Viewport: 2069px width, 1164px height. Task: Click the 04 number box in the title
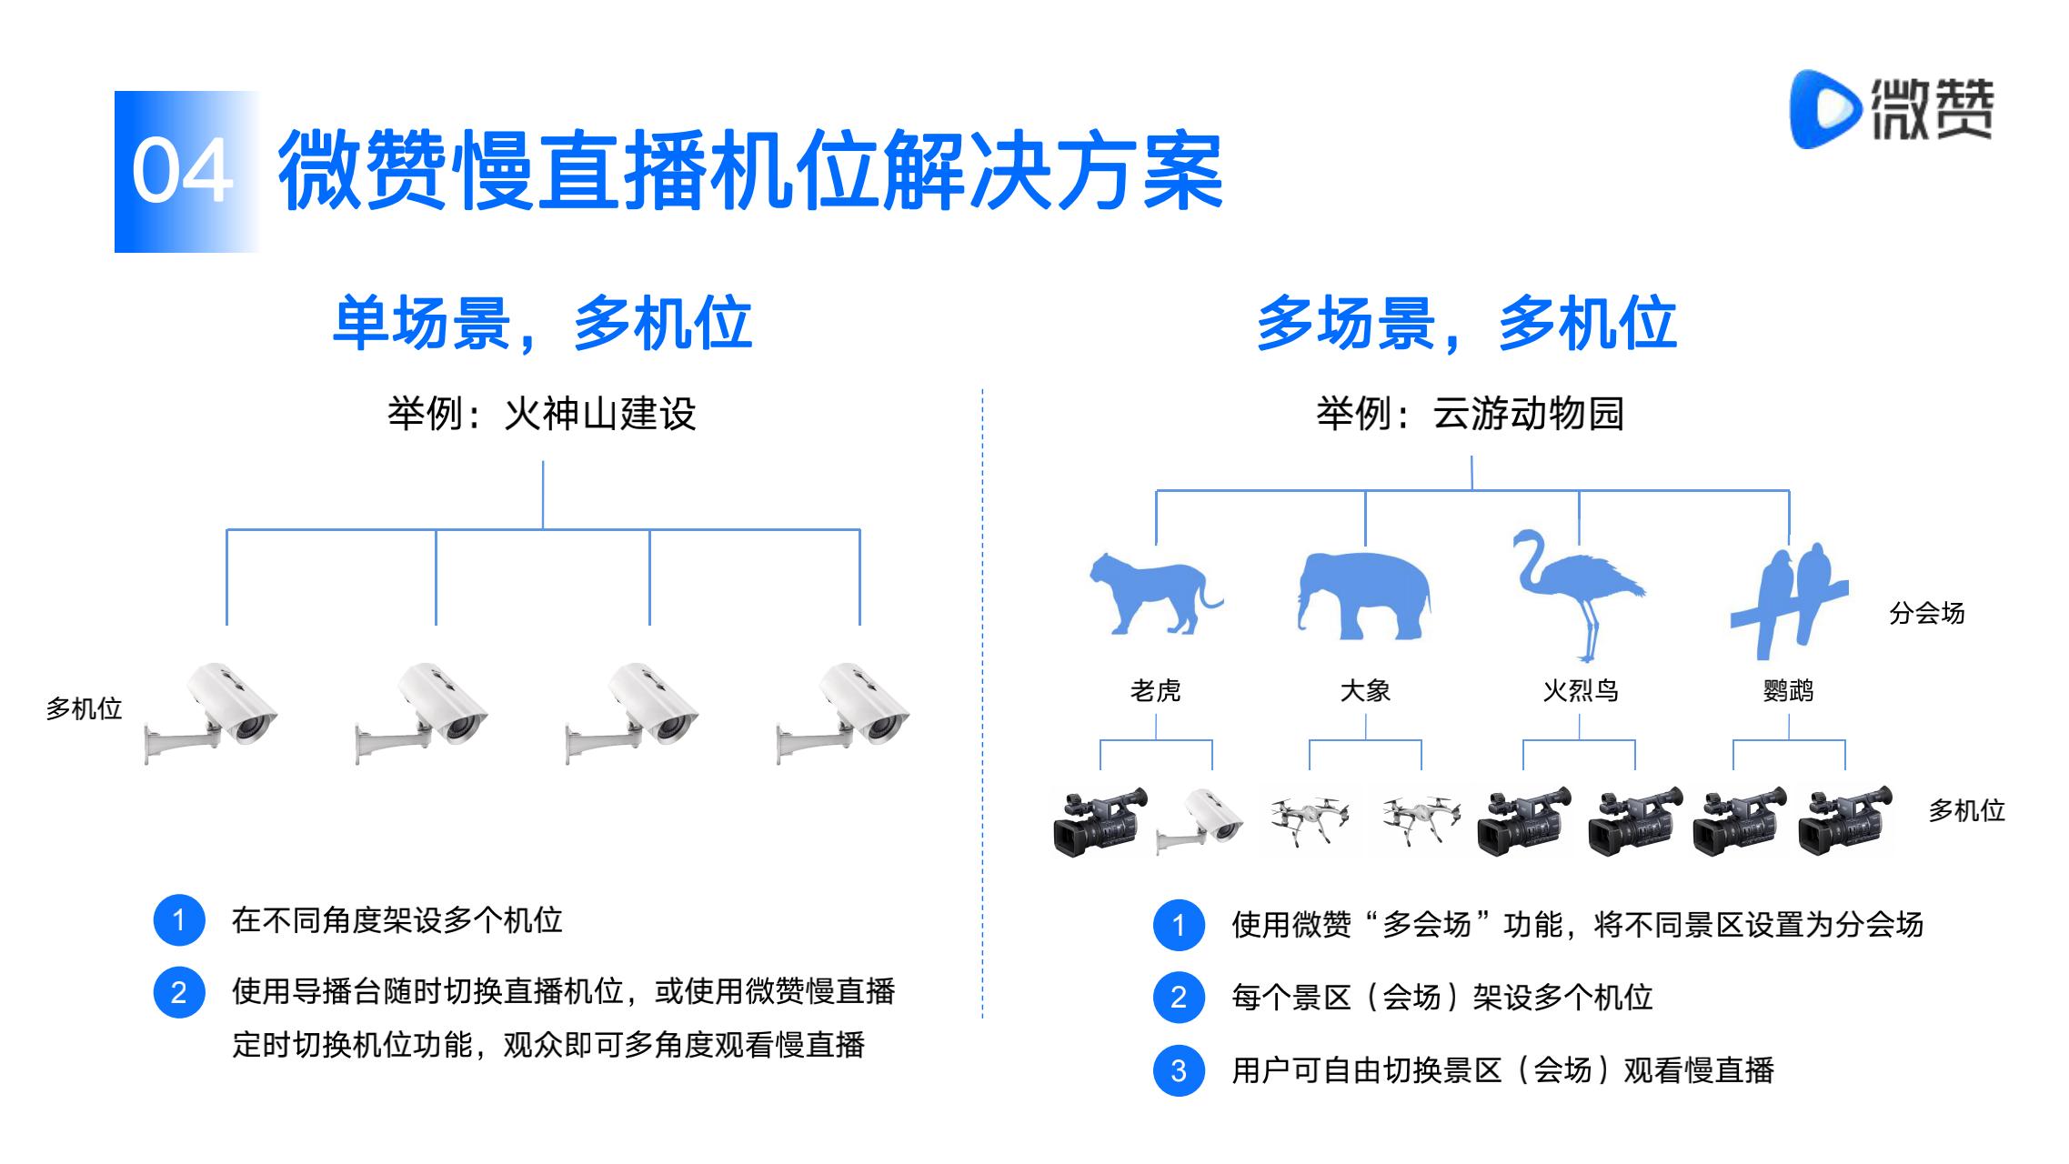click(x=186, y=172)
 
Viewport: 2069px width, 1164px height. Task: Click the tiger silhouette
click(x=1155, y=592)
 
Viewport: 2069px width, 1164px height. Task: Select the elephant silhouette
click(x=1363, y=596)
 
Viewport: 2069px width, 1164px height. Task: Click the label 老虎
click(x=1155, y=691)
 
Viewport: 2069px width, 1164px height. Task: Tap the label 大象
click(x=1365, y=691)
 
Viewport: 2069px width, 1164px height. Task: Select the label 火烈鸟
click(x=1580, y=691)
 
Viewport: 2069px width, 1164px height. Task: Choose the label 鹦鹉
click(x=1788, y=691)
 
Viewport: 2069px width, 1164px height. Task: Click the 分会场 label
click(x=1926, y=614)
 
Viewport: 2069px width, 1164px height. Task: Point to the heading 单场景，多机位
click(x=543, y=323)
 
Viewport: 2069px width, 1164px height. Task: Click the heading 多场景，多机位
click(x=1467, y=323)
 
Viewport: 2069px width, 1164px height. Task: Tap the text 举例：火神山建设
click(x=542, y=414)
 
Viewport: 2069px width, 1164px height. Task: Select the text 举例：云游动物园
click(x=1470, y=414)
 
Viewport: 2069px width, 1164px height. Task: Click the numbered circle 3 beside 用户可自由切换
click(x=1179, y=1070)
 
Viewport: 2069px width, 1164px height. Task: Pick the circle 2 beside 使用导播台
click(x=179, y=992)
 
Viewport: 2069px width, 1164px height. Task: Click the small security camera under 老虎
click(x=1200, y=822)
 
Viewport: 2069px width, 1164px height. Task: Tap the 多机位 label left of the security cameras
click(x=84, y=709)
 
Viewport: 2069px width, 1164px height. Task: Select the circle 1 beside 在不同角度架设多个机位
click(x=179, y=920)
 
